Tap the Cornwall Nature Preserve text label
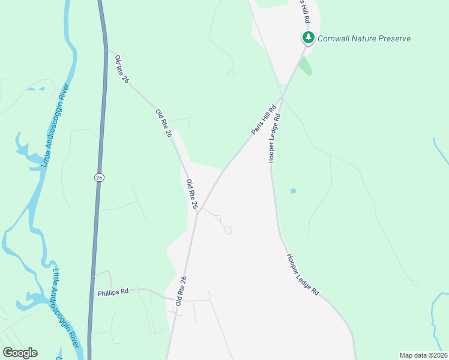click(x=364, y=38)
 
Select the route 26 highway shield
click(x=98, y=177)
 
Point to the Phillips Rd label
click(x=113, y=292)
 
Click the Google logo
click(x=20, y=353)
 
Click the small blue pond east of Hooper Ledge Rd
click(x=293, y=191)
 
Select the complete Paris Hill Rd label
click(x=263, y=119)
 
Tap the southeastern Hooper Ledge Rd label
click(x=302, y=274)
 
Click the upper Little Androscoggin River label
click(x=55, y=129)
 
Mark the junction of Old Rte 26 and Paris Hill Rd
click(x=198, y=211)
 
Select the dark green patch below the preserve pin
click(x=306, y=65)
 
